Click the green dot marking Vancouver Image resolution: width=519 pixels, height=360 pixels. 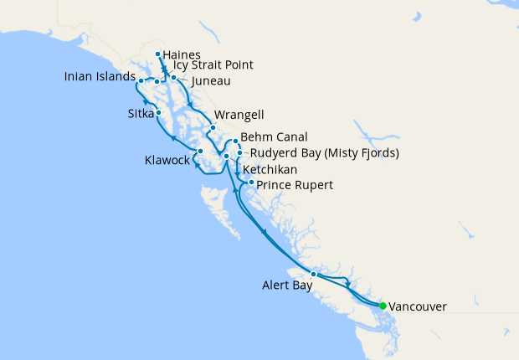click(383, 306)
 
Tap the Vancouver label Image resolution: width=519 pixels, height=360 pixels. click(418, 307)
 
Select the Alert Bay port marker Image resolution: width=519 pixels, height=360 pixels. click(314, 275)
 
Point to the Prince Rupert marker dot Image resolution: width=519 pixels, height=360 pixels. click(251, 181)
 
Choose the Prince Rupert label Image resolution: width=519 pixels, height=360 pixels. click(295, 184)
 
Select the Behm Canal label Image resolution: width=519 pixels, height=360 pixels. click(274, 136)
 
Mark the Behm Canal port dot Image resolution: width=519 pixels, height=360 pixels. click(237, 141)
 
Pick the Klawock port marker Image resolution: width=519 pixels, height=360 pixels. click(200, 151)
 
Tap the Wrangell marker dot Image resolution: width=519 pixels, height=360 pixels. click(213, 127)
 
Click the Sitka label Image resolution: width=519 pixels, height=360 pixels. click(139, 112)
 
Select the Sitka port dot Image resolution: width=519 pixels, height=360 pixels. click(159, 111)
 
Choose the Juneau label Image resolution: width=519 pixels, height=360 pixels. click(210, 82)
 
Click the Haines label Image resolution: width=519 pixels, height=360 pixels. click(183, 55)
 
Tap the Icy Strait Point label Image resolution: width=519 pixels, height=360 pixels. click(213, 65)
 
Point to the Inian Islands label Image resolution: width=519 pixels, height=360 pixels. click(100, 78)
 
